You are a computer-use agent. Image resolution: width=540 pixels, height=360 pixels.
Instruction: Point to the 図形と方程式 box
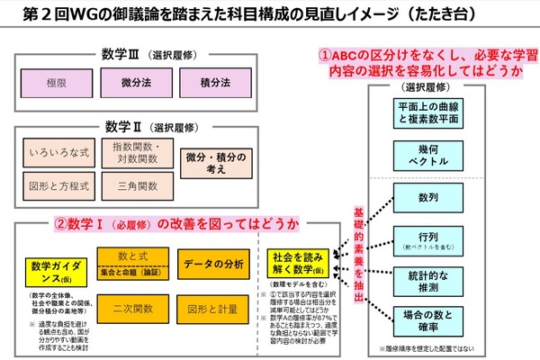60,187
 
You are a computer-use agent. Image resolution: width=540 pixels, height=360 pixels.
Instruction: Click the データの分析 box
214,265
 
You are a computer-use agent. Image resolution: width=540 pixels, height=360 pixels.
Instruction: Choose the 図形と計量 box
214,310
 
